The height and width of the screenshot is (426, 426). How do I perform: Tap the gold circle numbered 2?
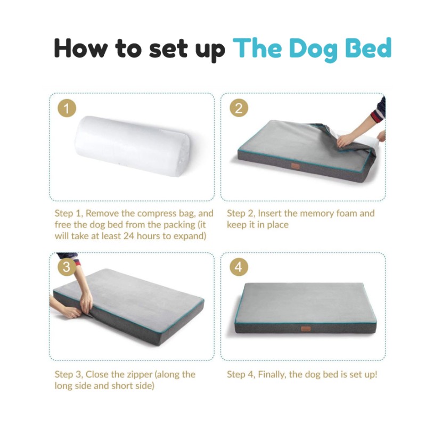coord(239,109)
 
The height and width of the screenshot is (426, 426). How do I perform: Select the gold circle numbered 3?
coord(67,267)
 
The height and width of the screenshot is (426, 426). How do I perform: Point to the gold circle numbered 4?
coord(239,267)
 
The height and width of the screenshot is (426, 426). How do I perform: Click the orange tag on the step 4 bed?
coord(306,329)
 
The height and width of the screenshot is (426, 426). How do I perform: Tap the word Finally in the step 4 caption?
coord(272,374)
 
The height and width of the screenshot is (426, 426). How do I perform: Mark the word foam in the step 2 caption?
coord(348,214)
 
